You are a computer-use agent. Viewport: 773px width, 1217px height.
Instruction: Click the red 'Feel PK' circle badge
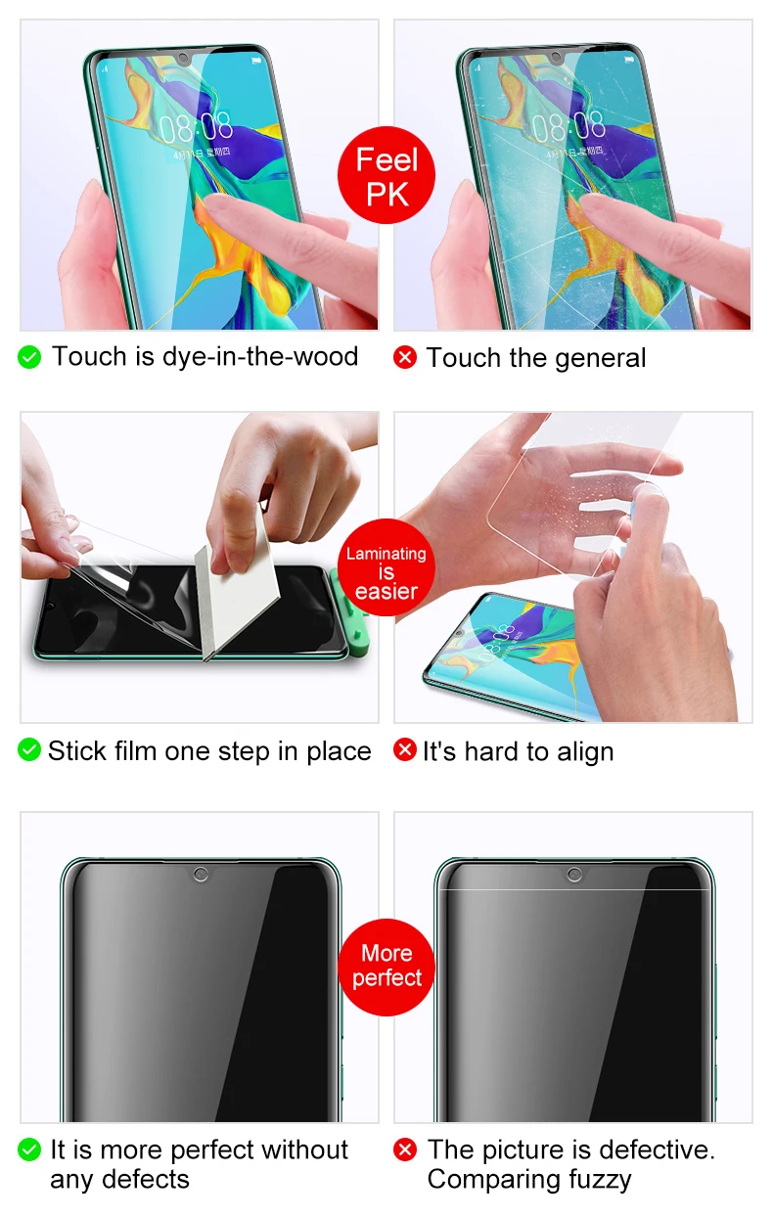(x=386, y=175)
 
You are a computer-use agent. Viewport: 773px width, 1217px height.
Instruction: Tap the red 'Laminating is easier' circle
(x=386, y=567)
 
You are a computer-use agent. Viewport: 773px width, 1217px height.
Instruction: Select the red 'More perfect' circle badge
(x=386, y=968)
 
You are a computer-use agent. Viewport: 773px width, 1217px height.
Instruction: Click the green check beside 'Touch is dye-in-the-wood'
(x=29, y=357)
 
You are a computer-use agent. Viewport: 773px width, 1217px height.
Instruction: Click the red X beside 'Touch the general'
(x=405, y=357)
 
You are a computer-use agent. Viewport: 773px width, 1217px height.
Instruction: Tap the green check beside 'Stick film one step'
(x=29, y=749)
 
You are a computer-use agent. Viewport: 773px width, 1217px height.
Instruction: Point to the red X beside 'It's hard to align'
(x=405, y=749)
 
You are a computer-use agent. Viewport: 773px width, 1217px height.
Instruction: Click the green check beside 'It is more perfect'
(x=29, y=1149)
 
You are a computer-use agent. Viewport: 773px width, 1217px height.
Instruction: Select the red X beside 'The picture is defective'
(x=405, y=1149)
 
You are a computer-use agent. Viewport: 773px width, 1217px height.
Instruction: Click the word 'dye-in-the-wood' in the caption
(x=260, y=357)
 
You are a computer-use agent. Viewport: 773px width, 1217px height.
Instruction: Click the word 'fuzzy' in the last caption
(x=600, y=1181)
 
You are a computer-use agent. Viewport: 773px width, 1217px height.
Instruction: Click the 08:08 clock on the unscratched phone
(x=196, y=127)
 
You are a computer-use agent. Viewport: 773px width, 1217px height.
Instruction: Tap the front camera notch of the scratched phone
(x=556, y=58)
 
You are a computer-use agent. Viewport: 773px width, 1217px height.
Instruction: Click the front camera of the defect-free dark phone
(x=201, y=875)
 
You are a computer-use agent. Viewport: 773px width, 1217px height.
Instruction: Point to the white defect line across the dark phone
(x=574, y=889)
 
